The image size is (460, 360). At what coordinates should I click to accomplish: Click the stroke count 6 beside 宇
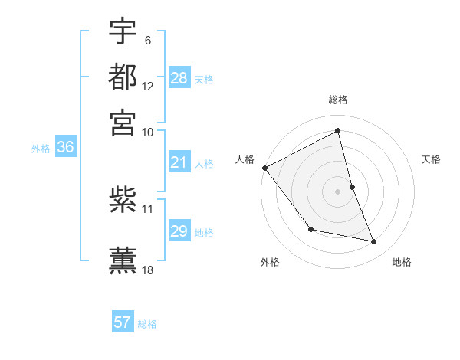click(147, 40)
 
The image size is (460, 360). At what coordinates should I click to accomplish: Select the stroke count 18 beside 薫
click(148, 270)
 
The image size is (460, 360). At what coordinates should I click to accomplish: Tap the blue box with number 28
click(179, 77)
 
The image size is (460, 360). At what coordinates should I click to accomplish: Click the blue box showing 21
click(179, 162)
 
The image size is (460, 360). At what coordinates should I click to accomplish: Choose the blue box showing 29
click(179, 231)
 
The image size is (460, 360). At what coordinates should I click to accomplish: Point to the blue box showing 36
click(65, 147)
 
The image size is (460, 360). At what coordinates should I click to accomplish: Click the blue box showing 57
click(123, 322)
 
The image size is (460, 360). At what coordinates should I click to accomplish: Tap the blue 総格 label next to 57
click(147, 324)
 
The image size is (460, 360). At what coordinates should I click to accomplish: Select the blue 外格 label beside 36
click(41, 149)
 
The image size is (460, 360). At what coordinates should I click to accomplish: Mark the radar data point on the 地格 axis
click(374, 242)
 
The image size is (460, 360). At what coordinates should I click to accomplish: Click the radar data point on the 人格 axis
click(264, 168)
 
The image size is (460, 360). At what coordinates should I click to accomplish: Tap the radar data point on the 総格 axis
click(338, 131)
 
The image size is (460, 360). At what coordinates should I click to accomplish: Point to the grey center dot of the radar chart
click(338, 191)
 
